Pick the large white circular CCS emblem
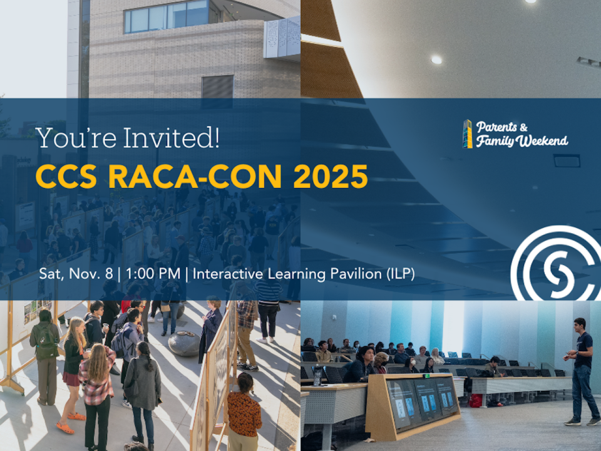(x=551, y=263)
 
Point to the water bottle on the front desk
(x=317, y=376)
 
